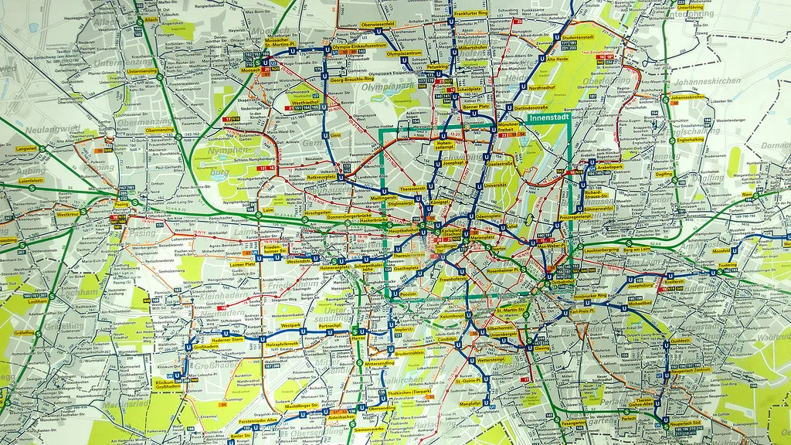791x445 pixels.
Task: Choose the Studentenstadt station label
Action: (x=576, y=36)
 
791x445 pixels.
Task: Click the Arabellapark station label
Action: (x=609, y=166)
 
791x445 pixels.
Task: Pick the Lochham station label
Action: (x=36, y=301)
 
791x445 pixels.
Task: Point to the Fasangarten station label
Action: (x=574, y=423)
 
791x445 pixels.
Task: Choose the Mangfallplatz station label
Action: (x=470, y=403)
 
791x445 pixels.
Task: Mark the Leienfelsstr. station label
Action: (x=31, y=180)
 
